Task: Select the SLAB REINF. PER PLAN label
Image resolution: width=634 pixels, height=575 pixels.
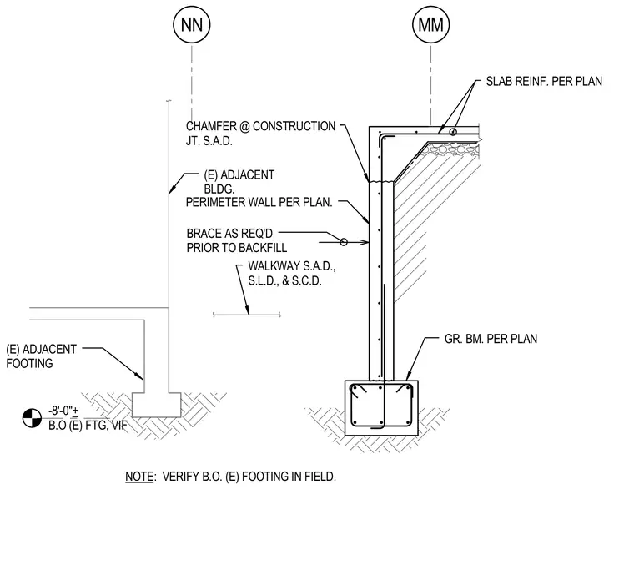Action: point(544,81)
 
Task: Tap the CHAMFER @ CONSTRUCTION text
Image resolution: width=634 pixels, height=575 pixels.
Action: point(260,126)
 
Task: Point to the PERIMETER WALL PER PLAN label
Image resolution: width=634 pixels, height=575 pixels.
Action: point(259,202)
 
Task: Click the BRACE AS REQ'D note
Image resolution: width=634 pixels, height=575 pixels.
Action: point(229,234)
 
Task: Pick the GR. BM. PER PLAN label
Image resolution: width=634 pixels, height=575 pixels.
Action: point(491,339)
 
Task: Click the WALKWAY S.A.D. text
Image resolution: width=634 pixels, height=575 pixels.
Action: point(291,266)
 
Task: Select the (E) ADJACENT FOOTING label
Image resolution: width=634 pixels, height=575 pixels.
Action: point(41,356)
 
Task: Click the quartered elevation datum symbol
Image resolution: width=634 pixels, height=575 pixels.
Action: point(32,418)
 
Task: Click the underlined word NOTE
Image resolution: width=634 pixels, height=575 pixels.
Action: point(139,477)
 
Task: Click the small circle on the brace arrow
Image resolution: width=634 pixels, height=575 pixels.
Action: point(344,242)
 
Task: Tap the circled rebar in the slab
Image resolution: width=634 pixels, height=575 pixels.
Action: point(453,132)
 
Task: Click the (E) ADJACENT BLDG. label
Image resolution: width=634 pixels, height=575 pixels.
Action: point(239,182)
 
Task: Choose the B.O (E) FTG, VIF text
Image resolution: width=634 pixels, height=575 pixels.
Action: point(88,426)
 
